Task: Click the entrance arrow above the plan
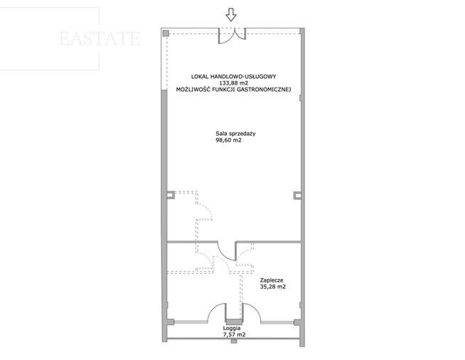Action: click(231, 14)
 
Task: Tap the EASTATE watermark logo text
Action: click(100, 39)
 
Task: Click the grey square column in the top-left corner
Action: click(166, 33)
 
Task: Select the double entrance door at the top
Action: click(232, 36)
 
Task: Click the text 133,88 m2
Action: click(234, 83)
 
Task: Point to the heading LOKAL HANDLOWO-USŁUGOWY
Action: click(234, 77)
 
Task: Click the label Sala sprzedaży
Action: click(235, 134)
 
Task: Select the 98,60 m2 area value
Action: click(228, 140)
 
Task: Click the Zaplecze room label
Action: click(272, 280)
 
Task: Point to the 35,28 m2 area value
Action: click(273, 287)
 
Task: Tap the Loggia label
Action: click(232, 329)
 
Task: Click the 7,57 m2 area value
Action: click(235, 335)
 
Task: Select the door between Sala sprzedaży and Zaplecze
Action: click(227, 251)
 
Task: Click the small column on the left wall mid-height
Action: click(171, 195)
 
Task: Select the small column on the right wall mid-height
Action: click(297, 195)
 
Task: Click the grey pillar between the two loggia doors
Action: click(234, 322)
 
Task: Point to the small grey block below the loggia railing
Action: click(234, 341)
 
